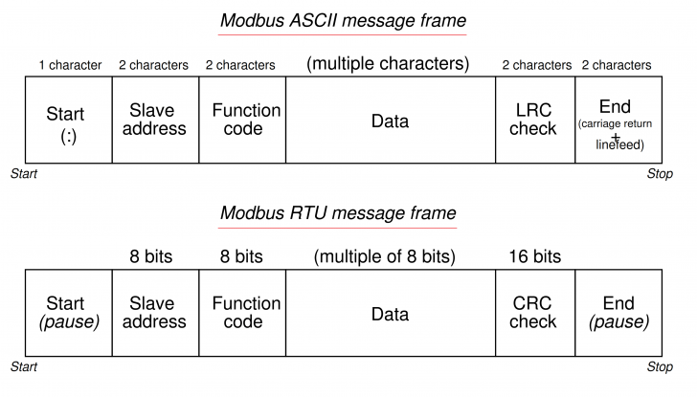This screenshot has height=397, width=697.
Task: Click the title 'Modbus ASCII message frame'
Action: point(342,20)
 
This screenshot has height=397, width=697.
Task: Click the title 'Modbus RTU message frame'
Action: point(338,212)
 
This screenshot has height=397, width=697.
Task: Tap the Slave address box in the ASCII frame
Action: point(155,120)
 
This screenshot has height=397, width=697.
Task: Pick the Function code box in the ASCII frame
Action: point(242,120)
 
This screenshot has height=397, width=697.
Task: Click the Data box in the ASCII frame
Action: point(390,120)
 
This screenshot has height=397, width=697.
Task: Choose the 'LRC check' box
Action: point(534,120)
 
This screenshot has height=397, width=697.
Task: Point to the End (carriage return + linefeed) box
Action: point(616,120)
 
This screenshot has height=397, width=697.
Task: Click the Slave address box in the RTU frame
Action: point(155,313)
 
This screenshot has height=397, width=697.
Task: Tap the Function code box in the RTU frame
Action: point(242,313)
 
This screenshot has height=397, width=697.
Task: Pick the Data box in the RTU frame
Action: point(390,313)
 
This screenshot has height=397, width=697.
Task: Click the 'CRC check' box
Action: point(534,313)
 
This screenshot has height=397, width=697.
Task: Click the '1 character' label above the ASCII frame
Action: point(70,65)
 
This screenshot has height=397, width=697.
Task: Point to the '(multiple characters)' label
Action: point(388,64)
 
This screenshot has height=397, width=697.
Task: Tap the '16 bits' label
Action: point(534,256)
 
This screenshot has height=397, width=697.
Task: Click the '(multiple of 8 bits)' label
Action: point(384,256)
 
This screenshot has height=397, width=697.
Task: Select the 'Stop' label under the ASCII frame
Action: point(660,175)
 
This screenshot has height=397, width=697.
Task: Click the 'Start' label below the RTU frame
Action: point(23,366)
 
